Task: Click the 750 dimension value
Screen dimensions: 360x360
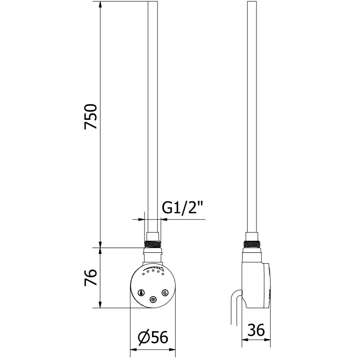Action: [91, 117]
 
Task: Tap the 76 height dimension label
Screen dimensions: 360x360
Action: [91, 278]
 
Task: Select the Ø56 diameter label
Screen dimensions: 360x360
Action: [153, 338]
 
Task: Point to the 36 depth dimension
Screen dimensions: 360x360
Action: [256, 330]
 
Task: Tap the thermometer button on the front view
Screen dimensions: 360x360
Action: [141, 293]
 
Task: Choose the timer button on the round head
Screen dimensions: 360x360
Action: [165, 292]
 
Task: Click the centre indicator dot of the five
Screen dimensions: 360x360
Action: [153, 271]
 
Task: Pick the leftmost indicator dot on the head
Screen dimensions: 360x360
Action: [143, 274]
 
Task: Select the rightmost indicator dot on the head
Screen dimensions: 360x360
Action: [163, 274]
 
